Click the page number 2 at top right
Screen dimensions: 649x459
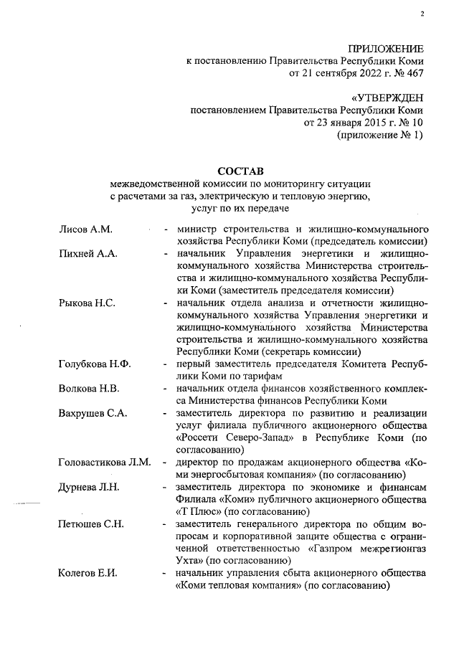point(422,14)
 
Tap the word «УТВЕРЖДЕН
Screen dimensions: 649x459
point(387,97)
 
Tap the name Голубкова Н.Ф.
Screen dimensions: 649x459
point(94,364)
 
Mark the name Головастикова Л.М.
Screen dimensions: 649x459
point(104,462)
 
